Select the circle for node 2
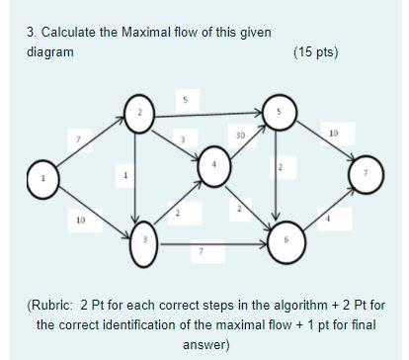[140, 113]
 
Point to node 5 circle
[281, 112]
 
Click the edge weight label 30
[240, 134]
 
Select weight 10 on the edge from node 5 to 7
[333, 132]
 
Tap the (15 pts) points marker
[315, 51]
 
